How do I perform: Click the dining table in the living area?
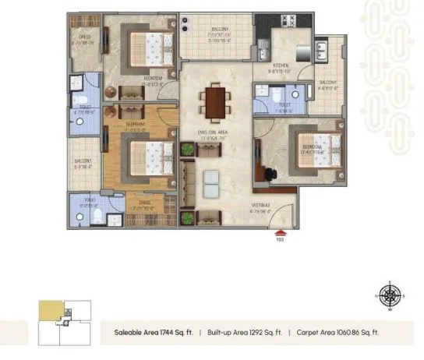coord(213,101)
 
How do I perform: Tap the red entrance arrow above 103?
coord(279,231)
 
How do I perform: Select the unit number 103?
coord(279,238)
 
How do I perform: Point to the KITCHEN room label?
coord(281,66)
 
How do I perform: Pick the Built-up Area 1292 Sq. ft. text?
coord(244,333)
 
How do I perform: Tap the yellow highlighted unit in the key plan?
coord(49,309)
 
